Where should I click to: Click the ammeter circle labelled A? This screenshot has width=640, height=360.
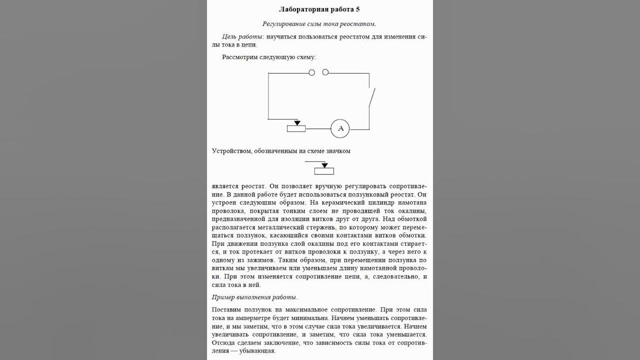(340, 129)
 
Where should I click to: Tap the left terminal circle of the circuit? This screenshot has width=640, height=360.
(312, 72)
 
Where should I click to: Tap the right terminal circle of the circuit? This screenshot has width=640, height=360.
(325, 72)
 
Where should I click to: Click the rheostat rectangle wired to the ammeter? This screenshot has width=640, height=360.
(296, 129)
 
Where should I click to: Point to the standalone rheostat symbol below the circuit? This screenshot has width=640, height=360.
(323, 170)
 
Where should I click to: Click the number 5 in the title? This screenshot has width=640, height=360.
(357, 9)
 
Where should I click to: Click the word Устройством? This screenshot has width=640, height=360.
(232, 151)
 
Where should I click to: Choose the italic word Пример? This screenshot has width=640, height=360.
(224, 297)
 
